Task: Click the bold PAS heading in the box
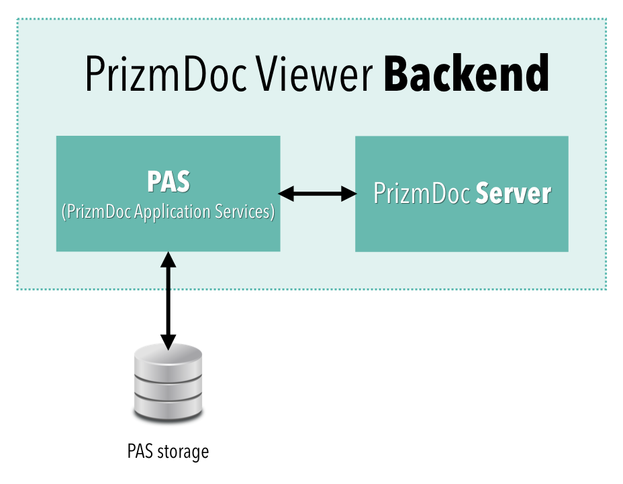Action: point(168,183)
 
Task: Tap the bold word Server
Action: point(514,194)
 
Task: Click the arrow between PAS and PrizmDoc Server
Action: point(318,194)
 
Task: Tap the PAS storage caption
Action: point(168,451)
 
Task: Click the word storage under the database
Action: point(183,452)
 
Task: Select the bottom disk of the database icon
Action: point(168,407)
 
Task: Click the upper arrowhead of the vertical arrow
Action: point(168,259)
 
